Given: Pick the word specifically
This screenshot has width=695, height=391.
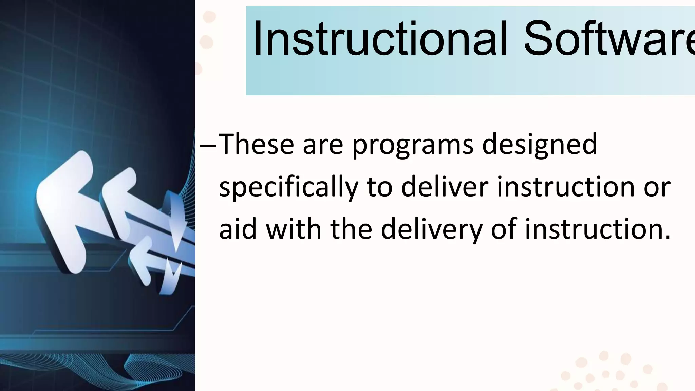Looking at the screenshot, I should click(x=288, y=188).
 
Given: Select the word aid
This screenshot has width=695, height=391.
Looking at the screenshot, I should click(x=238, y=229).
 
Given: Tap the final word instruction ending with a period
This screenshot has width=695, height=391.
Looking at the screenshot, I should click(x=598, y=229).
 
